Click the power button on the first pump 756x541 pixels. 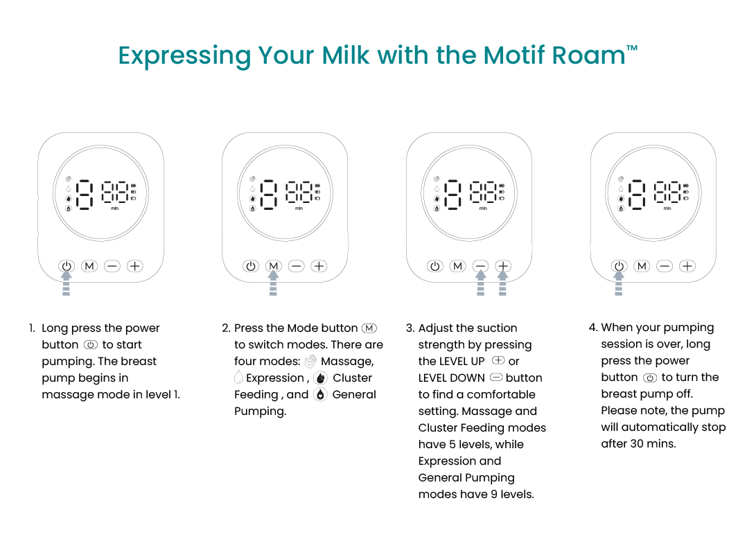tap(67, 266)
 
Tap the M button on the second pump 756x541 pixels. tap(274, 266)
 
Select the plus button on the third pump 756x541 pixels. tap(503, 266)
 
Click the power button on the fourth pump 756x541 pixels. tap(619, 266)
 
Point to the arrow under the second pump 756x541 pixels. tap(274, 283)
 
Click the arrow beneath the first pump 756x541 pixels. tap(67, 283)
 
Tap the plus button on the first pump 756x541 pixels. tap(135, 266)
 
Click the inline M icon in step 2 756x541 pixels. tap(369, 328)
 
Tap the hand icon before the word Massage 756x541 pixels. tap(311, 361)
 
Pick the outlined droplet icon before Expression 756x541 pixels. tap(238, 378)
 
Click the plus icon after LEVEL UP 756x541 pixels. tap(498, 360)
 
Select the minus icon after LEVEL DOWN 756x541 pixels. tap(496, 377)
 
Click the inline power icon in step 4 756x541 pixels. tap(650, 378)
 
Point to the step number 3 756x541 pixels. tap(410, 328)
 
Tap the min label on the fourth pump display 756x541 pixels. tap(667, 209)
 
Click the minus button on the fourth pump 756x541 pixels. tap(665, 266)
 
